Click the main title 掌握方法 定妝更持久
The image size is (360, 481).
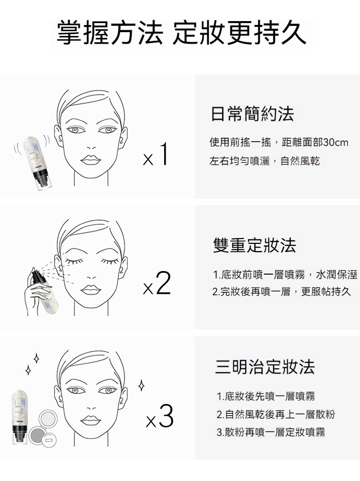tap(181, 33)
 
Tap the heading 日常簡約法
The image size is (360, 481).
tap(252, 114)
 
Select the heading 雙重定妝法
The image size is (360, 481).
tap(254, 245)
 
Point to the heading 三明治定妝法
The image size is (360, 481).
tap(265, 367)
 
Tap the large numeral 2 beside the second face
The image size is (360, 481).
tap(163, 283)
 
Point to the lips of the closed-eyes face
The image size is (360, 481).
tap(91, 289)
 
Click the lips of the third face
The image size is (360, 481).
tap(91, 420)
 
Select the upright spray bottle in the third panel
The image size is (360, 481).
tap(21, 417)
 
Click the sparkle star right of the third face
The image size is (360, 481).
tap(142, 385)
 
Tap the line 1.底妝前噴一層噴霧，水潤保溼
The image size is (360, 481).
tap(285, 275)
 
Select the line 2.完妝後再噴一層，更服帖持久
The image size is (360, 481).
tap(281, 291)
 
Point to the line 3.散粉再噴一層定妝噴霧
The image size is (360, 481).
tap(271, 432)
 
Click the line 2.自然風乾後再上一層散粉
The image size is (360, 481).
tap(276, 414)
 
